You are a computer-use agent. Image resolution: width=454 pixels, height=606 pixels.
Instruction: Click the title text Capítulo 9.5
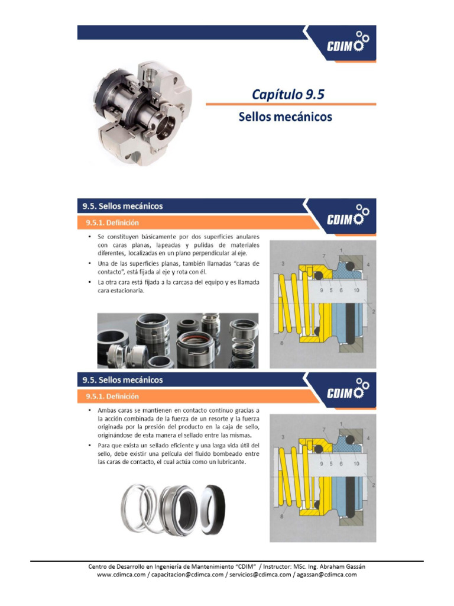288,94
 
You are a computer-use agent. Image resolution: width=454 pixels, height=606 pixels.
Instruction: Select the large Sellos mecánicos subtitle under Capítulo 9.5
286,117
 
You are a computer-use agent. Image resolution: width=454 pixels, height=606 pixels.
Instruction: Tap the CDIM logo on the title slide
348,43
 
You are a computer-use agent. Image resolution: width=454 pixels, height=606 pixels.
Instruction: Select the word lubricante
229,462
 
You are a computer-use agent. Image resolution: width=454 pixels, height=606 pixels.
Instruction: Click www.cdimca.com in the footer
121,575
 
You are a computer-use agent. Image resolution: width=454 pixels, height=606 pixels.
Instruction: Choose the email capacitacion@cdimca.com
187,575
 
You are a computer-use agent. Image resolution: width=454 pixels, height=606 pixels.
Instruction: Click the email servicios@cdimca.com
260,575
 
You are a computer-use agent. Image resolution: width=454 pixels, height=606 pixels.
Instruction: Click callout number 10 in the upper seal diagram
356,290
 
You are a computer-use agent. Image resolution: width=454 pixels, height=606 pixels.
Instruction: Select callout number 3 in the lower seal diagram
283,437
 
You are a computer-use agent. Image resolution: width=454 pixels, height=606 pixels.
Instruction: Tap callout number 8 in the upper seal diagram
282,343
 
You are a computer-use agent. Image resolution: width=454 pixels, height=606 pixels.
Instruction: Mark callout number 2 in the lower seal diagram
374,485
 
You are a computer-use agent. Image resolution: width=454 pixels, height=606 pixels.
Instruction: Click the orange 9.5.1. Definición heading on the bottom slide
112,397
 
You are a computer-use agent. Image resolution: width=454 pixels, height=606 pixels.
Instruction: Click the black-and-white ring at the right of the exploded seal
213,508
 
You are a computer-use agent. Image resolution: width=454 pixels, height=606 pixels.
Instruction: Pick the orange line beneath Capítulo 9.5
291,104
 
